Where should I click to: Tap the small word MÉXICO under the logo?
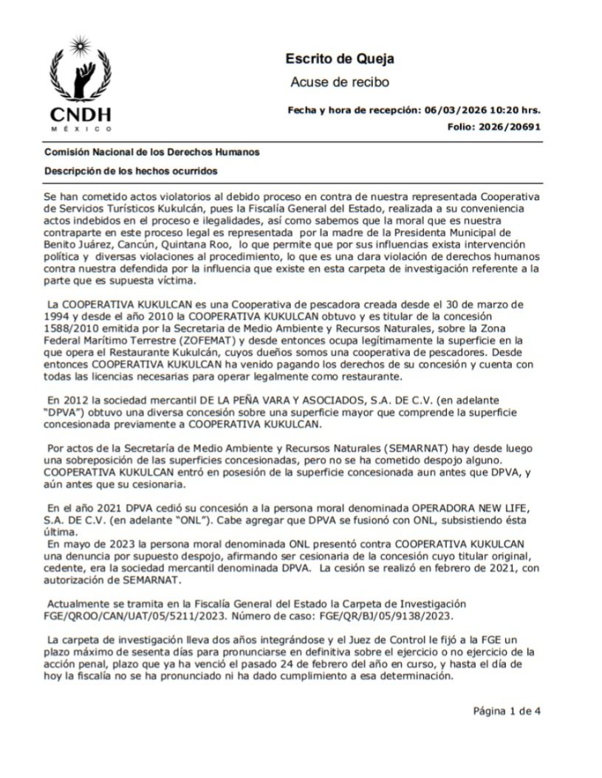pos(81,128)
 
